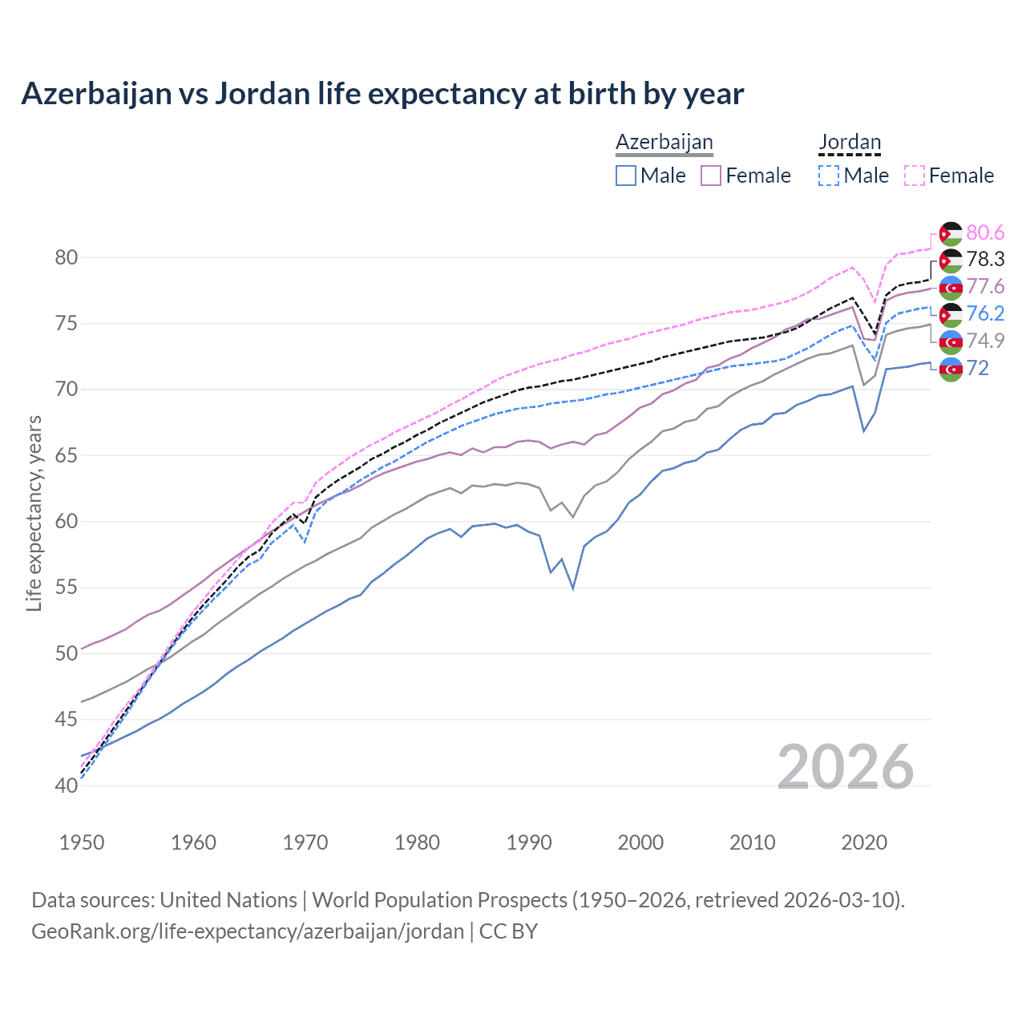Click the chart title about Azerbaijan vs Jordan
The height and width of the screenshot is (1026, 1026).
tap(382, 94)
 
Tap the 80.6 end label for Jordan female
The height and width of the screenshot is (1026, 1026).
tap(985, 232)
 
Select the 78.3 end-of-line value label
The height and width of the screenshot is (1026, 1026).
tap(985, 259)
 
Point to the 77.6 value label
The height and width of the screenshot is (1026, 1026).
tap(985, 286)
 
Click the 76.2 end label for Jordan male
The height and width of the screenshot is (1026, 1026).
tap(985, 313)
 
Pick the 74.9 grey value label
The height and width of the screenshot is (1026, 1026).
tap(985, 341)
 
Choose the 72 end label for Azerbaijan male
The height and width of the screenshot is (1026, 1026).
tap(978, 368)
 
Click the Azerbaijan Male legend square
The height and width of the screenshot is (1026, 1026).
tap(626, 176)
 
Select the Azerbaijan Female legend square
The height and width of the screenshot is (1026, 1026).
tap(711, 176)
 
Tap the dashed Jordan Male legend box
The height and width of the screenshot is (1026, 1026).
tap(829, 176)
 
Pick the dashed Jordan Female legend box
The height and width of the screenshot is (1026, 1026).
tap(915, 176)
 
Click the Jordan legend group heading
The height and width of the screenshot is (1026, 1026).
tap(850, 143)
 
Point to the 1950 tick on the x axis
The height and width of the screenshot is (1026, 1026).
tap(82, 842)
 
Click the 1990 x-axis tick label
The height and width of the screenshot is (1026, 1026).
tap(529, 842)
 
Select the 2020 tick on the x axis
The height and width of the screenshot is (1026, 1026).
tap(864, 842)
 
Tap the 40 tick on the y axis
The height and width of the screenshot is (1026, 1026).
tap(67, 786)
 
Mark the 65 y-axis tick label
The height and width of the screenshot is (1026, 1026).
tap(67, 455)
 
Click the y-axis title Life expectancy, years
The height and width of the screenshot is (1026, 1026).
tap(34, 513)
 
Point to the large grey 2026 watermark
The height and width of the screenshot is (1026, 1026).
tap(846, 768)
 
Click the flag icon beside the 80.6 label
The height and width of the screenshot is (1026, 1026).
tap(951, 233)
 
